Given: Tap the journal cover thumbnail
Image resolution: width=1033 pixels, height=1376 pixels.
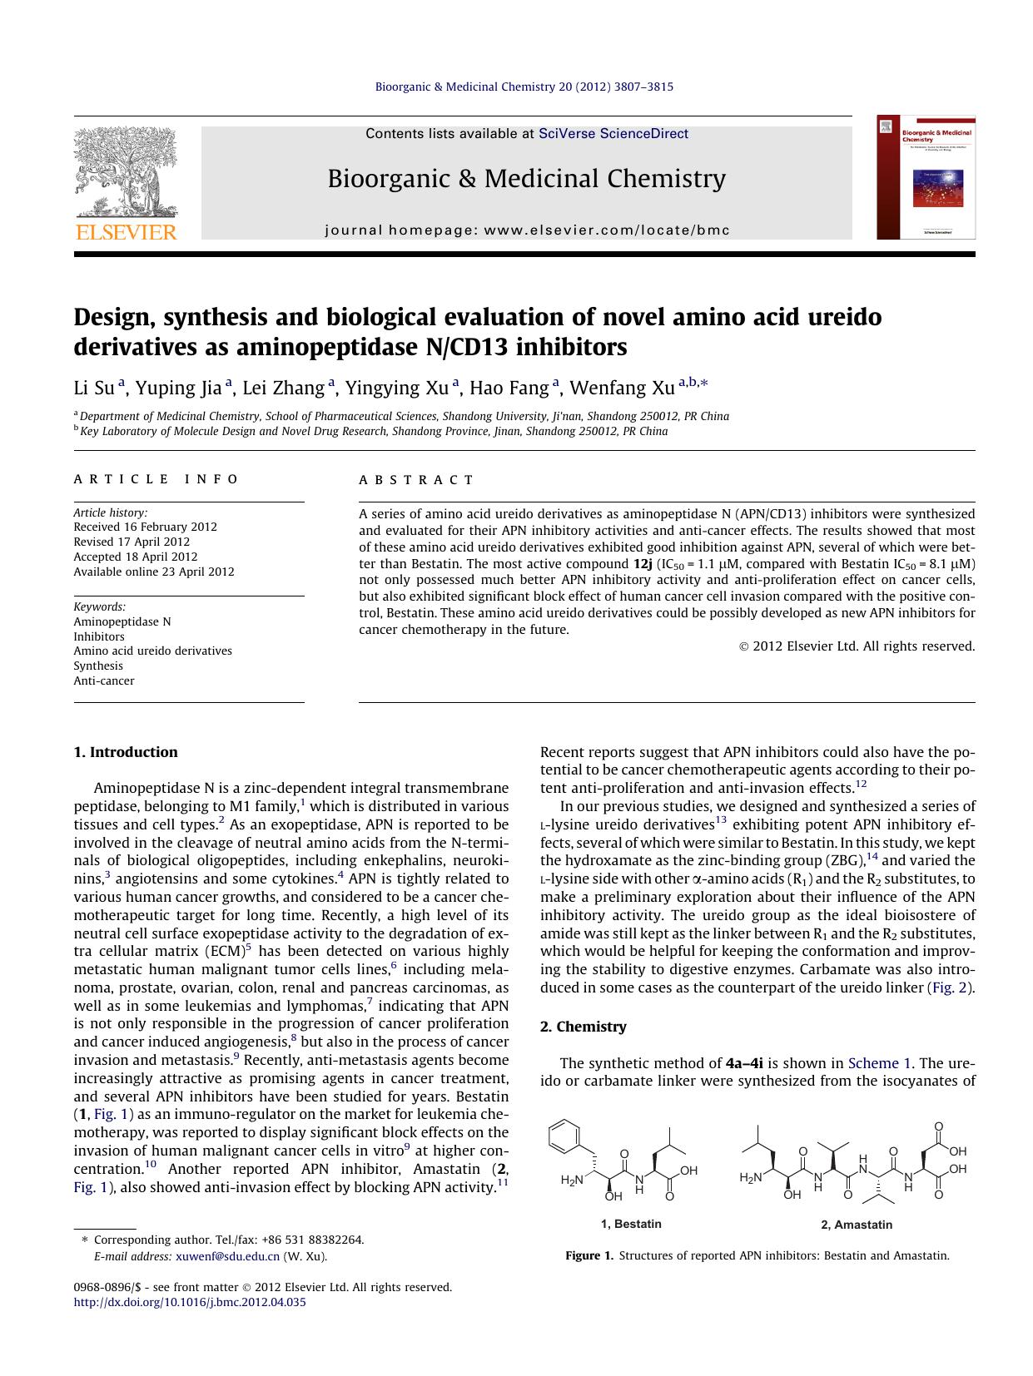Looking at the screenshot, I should [926, 177].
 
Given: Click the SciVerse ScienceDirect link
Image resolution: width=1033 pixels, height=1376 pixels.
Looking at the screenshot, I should [613, 133].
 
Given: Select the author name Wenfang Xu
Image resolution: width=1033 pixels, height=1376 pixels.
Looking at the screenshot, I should [622, 388].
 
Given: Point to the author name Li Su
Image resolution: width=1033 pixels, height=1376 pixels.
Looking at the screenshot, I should [94, 388].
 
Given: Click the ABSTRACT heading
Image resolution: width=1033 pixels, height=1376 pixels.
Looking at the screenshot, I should [416, 480].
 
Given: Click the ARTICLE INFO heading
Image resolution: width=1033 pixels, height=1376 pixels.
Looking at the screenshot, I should [156, 479].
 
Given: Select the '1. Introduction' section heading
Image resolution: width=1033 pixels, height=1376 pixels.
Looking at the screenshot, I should [126, 752].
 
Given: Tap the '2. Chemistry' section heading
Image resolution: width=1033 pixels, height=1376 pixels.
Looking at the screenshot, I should [583, 1027].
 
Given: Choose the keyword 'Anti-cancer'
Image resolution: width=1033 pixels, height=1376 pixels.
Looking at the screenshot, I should [104, 681].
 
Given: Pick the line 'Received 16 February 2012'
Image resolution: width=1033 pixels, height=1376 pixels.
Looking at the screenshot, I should [145, 527].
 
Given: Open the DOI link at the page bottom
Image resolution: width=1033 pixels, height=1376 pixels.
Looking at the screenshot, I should [190, 1302].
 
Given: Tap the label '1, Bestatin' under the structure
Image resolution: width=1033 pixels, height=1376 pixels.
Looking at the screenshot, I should [631, 1224].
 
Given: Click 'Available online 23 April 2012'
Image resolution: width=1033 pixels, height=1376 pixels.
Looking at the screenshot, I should [154, 572].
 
